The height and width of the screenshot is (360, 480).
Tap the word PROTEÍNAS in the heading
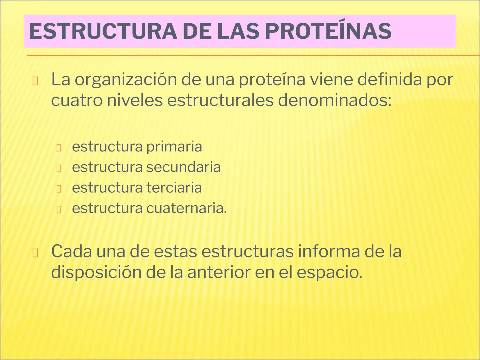328,31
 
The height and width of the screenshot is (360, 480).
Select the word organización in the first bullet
125,80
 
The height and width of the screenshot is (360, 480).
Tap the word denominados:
334,100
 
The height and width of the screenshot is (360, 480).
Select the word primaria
174,147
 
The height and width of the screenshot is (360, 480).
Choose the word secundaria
183,167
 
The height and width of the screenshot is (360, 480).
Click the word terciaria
174,188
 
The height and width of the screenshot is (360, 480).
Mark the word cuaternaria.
186,208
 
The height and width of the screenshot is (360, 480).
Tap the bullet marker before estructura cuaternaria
59,209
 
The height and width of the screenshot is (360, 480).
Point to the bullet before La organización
35,81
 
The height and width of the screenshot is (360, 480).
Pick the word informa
329,252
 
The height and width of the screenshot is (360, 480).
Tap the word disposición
96,272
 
